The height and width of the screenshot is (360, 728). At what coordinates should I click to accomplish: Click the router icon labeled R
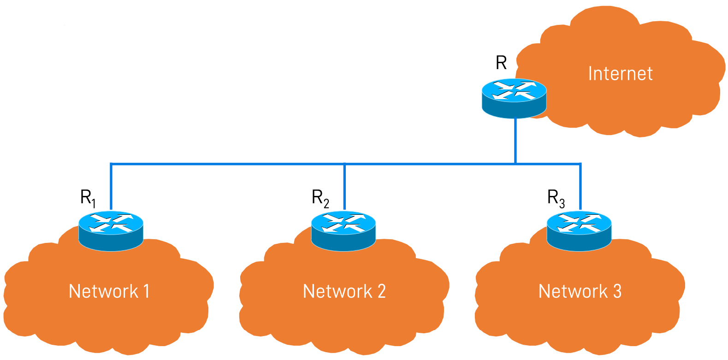(514, 98)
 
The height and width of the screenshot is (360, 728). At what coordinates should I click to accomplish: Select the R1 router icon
(111, 230)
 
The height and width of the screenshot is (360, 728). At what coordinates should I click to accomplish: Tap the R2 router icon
(343, 230)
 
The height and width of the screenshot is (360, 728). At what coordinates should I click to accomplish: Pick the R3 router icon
(579, 230)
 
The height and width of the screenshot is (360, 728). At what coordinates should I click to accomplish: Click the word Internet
(620, 74)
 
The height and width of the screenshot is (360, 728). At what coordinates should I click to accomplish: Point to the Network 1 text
(109, 291)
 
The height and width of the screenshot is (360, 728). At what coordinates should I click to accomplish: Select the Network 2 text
(344, 291)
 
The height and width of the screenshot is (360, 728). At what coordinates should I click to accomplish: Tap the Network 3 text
(580, 291)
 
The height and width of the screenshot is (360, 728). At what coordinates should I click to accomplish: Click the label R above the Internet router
(501, 63)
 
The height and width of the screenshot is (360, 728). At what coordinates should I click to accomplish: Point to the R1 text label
(88, 198)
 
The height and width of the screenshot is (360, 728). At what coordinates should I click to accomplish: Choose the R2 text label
(320, 198)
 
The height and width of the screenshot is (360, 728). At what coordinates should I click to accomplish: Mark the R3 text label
(556, 198)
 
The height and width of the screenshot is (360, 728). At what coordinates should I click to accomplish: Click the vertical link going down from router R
(515, 141)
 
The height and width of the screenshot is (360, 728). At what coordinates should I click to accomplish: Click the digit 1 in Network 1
(146, 291)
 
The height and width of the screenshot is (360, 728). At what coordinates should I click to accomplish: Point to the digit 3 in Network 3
(617, 291)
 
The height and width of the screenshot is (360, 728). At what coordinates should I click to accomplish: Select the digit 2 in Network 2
(381, 291)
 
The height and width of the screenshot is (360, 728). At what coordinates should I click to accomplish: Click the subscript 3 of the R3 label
(562, 203)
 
